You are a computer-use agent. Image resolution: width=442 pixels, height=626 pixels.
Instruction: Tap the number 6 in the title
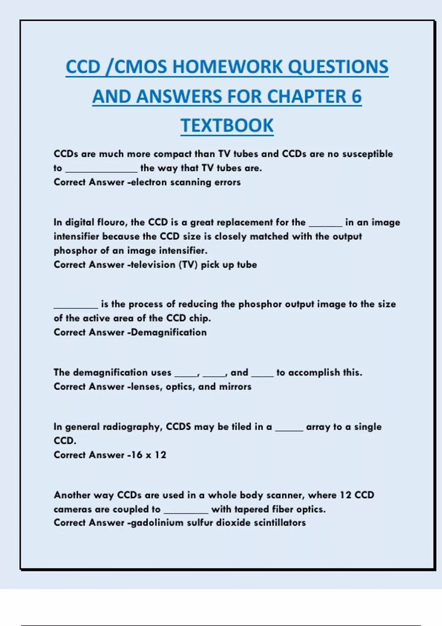(x=356, y=96)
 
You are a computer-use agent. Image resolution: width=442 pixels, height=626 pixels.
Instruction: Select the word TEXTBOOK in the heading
(x=227, y=126)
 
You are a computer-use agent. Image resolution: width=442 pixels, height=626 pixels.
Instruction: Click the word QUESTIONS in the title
(x=338, y=67)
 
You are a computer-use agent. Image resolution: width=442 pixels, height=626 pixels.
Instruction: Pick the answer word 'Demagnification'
(x=169, y=333)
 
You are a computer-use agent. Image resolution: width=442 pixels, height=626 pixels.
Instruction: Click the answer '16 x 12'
(x=148, y=455)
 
